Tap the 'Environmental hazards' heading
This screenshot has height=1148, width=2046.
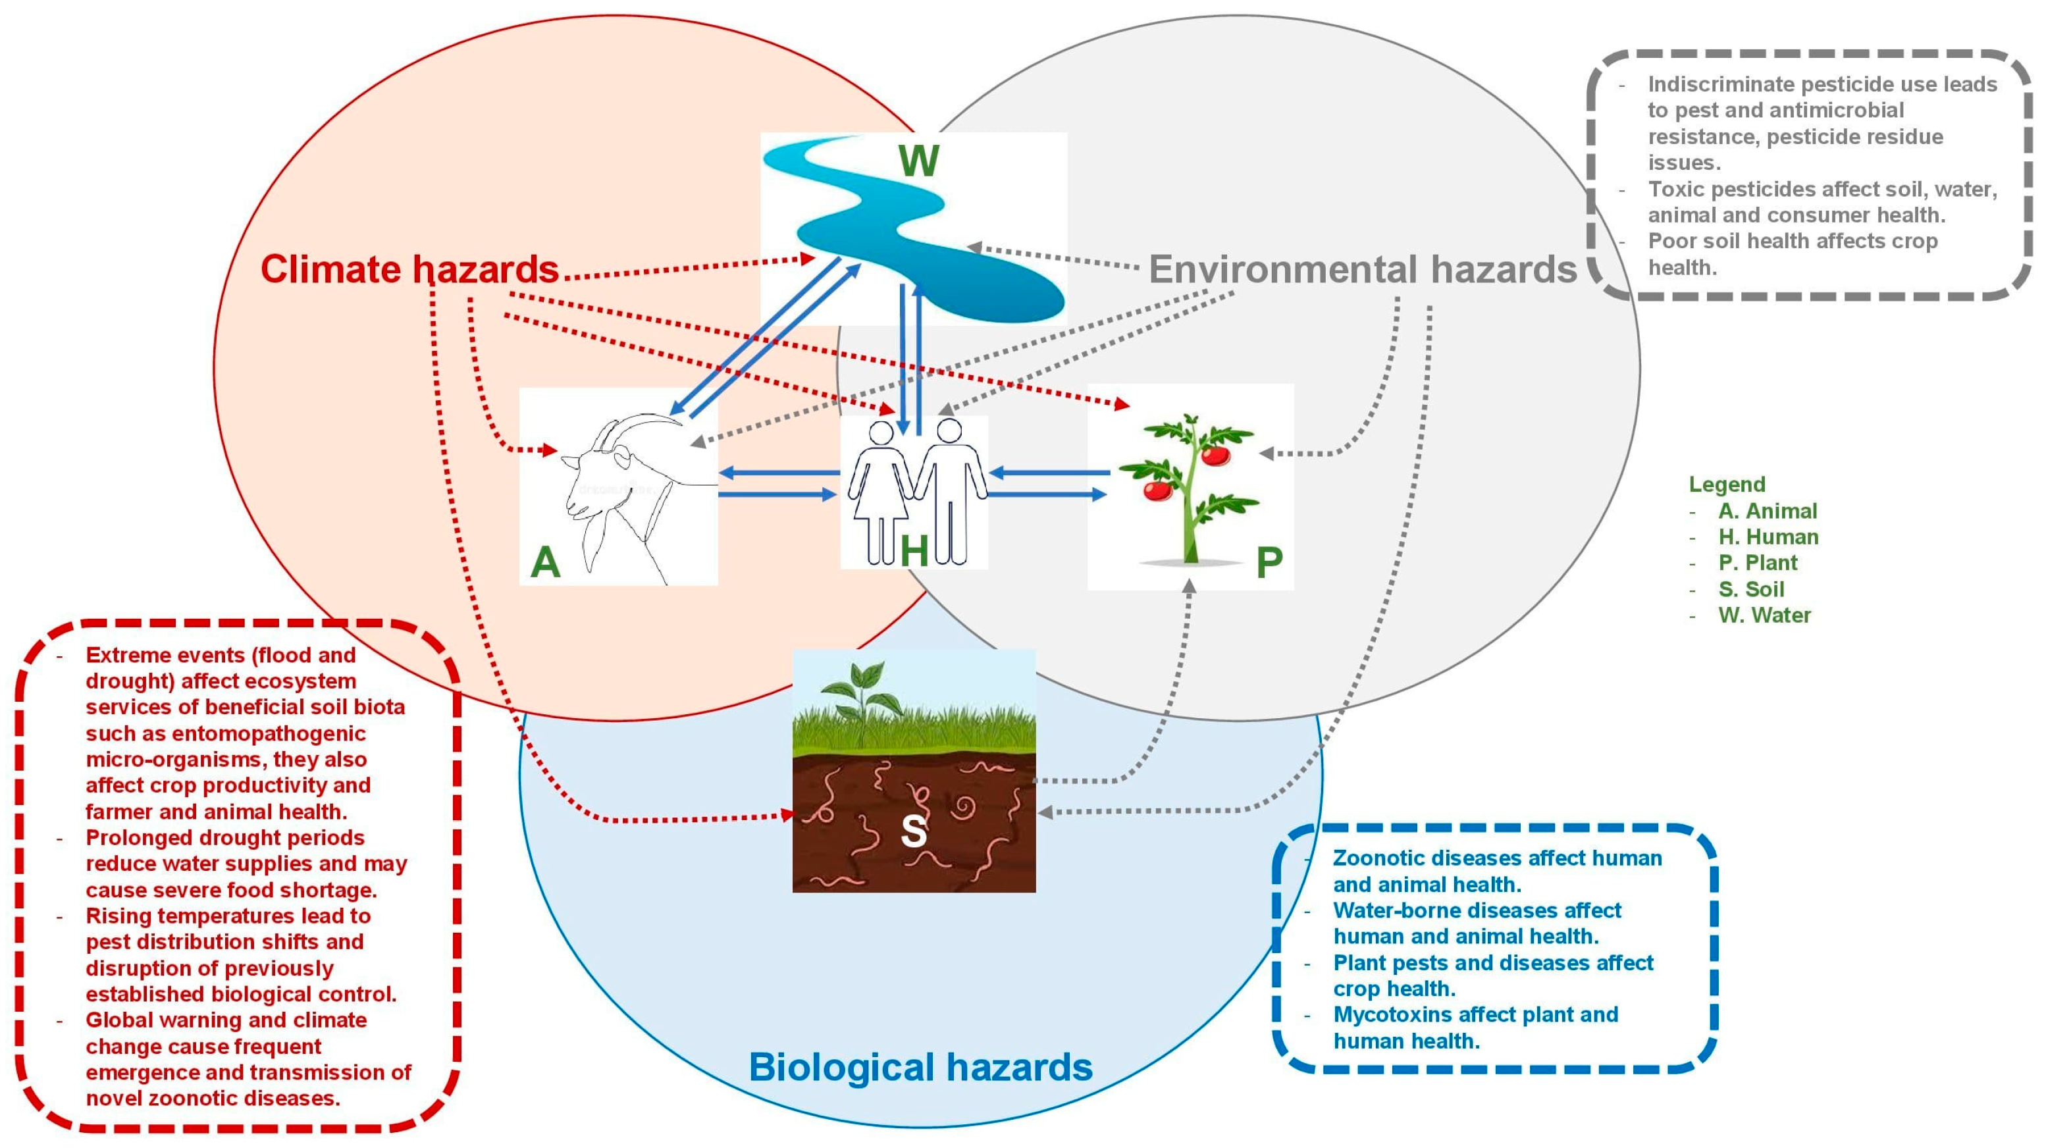pos(1362,269)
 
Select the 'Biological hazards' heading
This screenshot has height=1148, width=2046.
pos(920,1067)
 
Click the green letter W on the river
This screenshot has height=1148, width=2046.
pos(918,161)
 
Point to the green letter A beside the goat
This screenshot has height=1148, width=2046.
pos(545,562)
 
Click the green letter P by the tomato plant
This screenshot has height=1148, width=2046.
pos(1269,562)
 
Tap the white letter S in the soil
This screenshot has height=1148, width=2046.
pos(914,831)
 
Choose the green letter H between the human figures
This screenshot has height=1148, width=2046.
pos(914,550)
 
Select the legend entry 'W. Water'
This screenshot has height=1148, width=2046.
pos(1764,615)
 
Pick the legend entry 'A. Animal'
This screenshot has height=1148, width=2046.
pos(1768,511)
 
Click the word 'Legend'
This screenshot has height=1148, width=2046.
pos(1727,484)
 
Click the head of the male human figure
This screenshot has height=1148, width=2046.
pos(949,430)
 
